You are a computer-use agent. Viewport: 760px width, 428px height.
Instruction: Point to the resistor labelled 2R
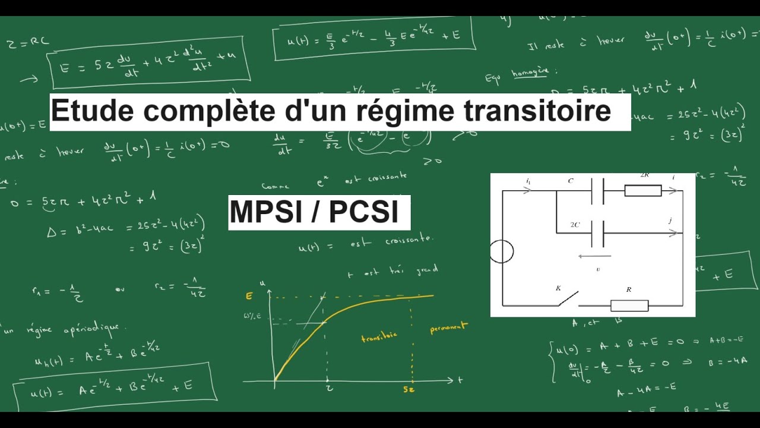tap(642, 190)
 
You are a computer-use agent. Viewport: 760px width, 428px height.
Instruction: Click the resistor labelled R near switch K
tap(629, 306)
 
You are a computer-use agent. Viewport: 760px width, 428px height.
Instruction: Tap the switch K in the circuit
tap(568, 298)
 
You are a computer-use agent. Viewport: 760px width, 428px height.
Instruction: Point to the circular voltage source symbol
tap(502, 251)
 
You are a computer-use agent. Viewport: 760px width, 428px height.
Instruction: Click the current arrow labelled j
tap(673, 233)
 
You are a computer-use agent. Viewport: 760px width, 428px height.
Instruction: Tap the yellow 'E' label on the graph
tap(249, 295)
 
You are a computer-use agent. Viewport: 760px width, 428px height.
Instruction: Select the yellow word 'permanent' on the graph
tap(448, 328)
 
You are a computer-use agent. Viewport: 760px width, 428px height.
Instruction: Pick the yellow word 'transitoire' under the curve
tap(379, 337)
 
